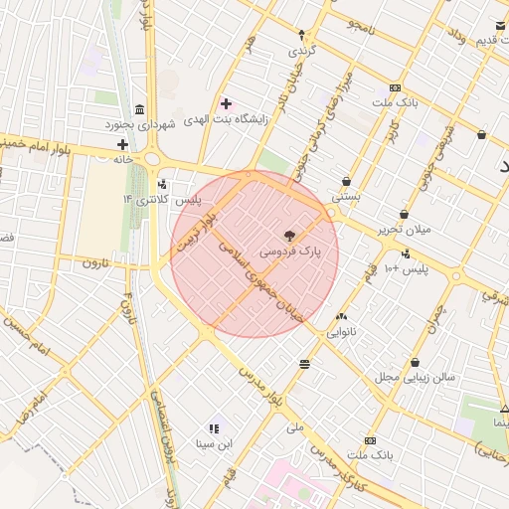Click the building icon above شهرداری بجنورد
pyautogui.click(x=137, y=108)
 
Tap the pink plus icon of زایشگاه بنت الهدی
pyautogui.click(x=226, y=103)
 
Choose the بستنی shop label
pyautogui.click(x=346, y=197)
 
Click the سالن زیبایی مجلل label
pyautogui.click(x=415, y=378)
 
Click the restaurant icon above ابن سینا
pyautogui.click(x=214, y=428)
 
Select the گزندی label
pyautogui.click(x=302, y=50)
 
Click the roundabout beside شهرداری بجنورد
pyautogui.click(x=152, y=158)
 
